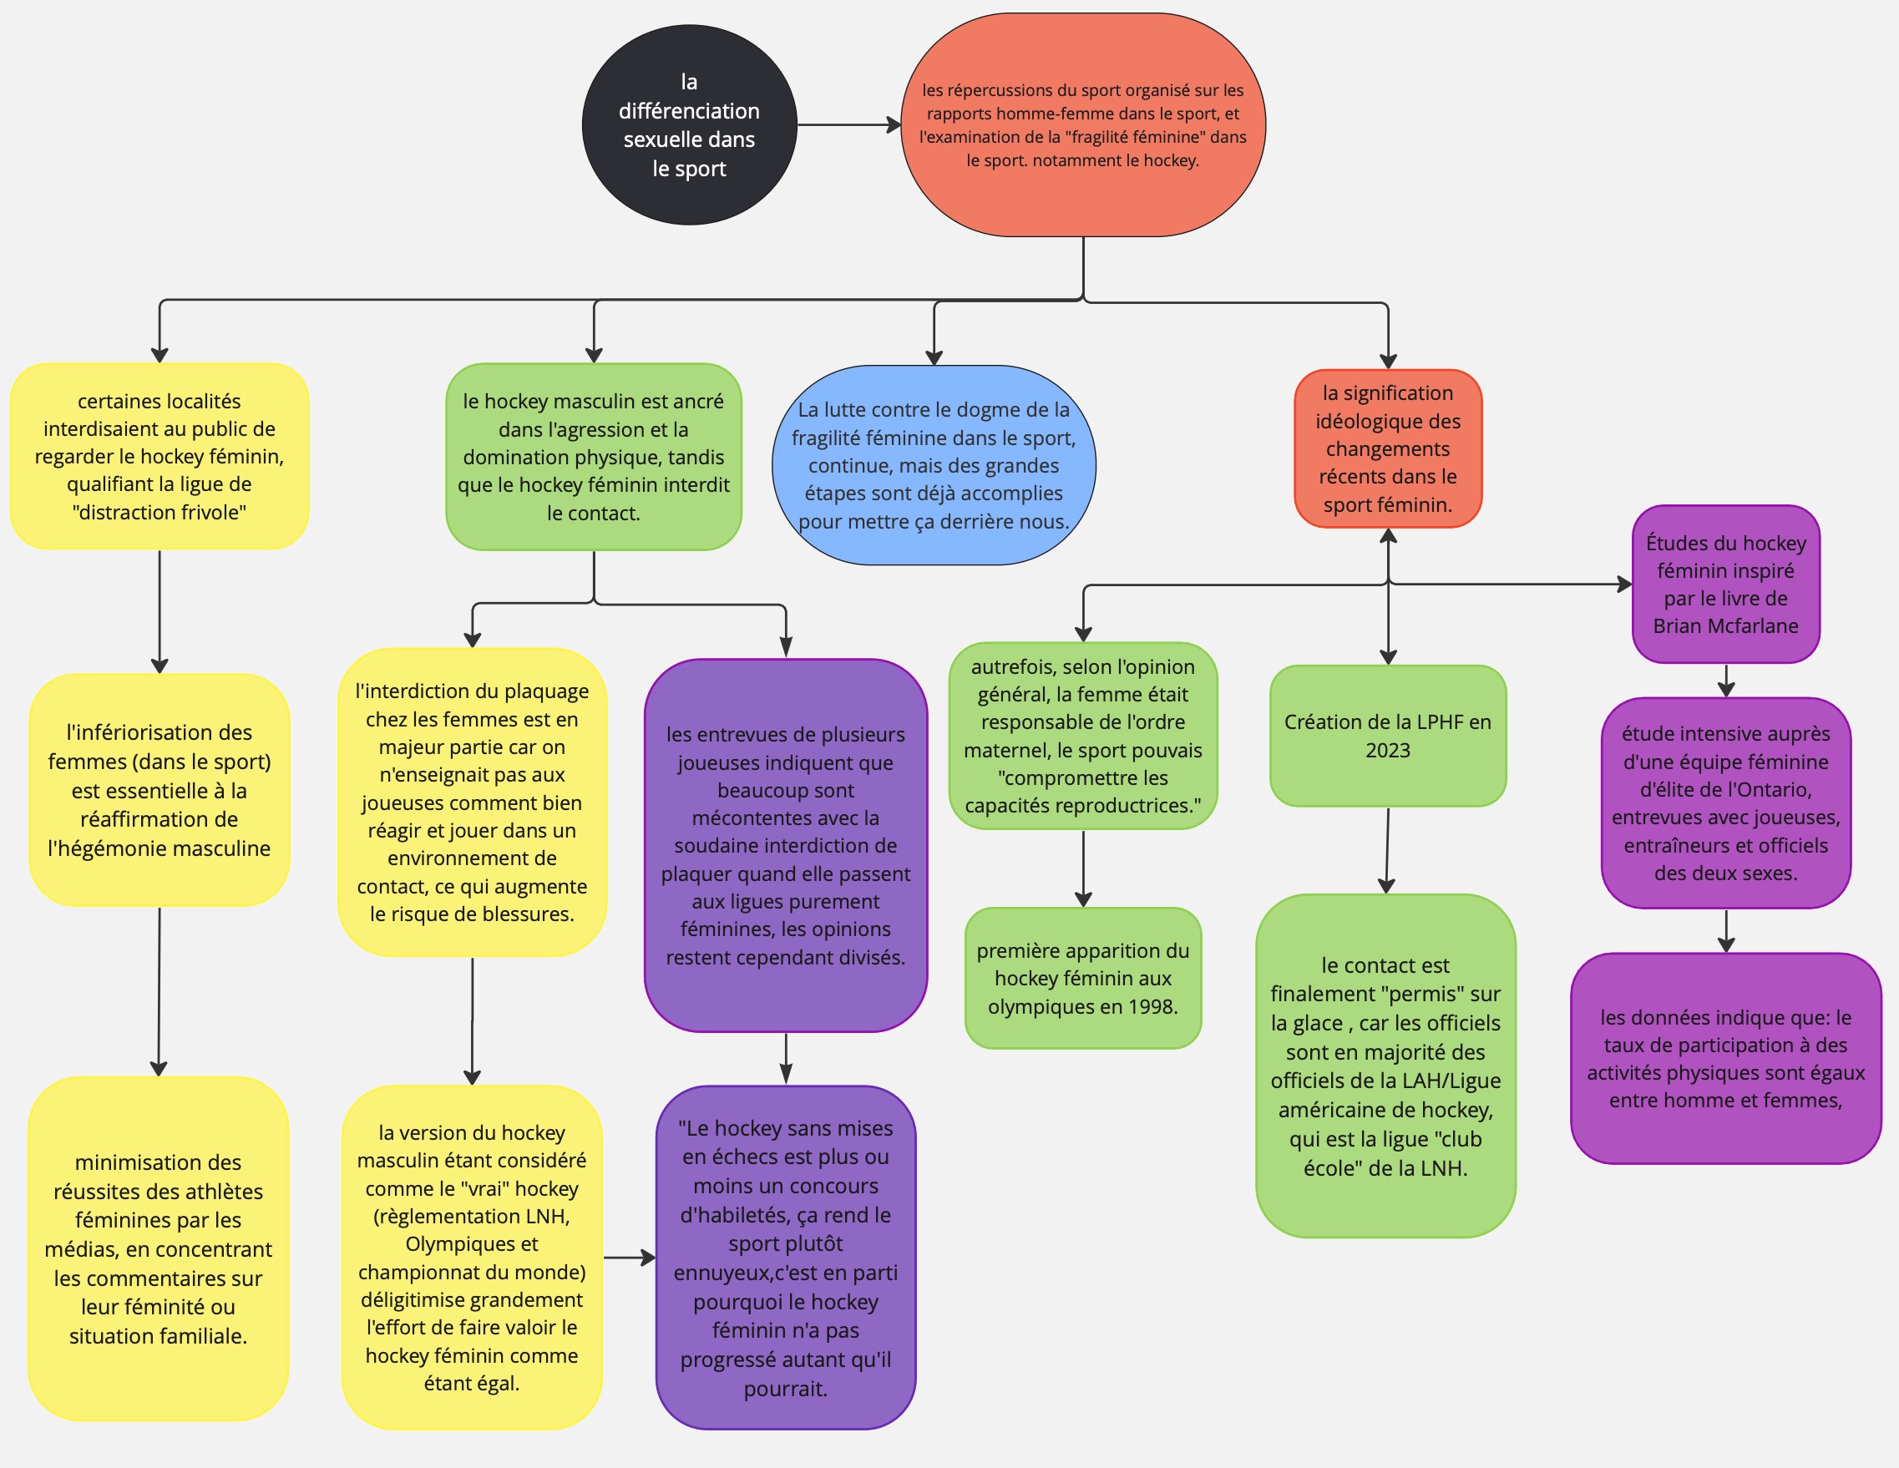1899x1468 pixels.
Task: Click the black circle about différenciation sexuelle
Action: [x=689, y=125]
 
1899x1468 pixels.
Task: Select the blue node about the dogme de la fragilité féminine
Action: [x=934, y=465]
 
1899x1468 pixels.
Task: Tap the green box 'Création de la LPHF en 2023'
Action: [x=1388, y=736]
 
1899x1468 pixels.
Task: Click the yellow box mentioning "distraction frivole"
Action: [x=160, y=456]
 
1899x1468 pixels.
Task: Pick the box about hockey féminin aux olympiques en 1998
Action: [x=1082, y=979]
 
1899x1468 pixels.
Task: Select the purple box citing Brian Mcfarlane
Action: [x=1726, y=585]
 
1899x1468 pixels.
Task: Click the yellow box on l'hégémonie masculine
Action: [x=160, y=790]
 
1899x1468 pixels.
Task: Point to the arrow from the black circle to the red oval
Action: [x=849, y=125]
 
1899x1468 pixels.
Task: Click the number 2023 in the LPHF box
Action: [x=1388, y=751]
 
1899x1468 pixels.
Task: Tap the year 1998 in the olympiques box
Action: [x=1153, y=1007]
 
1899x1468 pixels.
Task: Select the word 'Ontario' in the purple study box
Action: [x=1776, y=790]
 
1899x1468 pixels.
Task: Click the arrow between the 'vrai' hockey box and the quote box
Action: [x=630, y=1258]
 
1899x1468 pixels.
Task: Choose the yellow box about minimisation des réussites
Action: [x=159, y=1249]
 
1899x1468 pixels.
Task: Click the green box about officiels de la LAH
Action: [x=1386, y=1066]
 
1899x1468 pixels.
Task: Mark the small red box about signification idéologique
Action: [x=1388, y=448]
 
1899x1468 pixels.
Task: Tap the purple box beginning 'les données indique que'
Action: [x=1726, y=1058]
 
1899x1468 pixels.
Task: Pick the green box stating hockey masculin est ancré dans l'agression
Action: [x=594, y=457]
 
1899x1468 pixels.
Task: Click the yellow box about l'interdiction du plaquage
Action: [x=472, y=802]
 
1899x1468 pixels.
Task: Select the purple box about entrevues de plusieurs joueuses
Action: [x=786, y=845]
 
